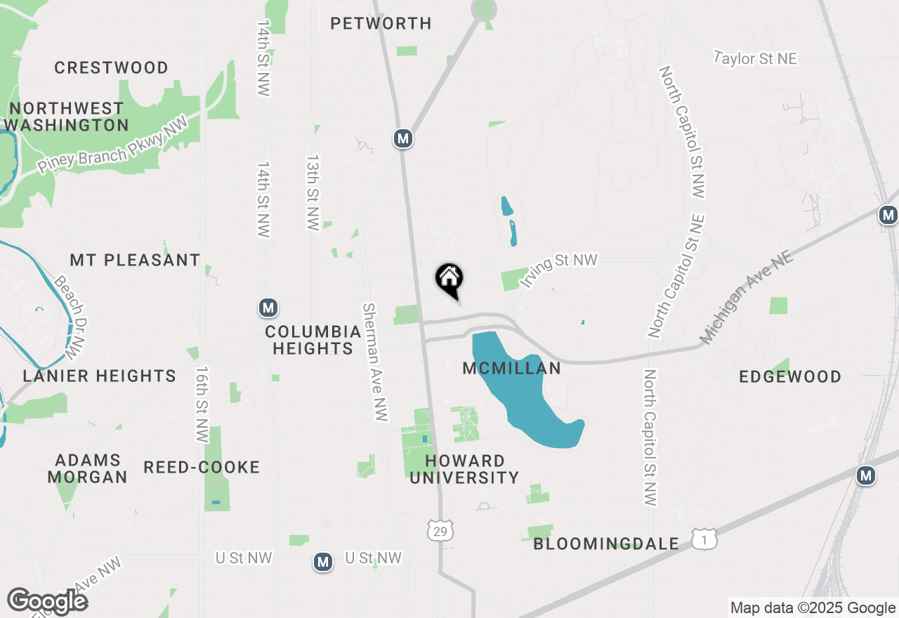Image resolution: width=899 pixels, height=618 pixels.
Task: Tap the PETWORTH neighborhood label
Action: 381,23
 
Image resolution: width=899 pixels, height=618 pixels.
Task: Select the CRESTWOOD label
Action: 111,67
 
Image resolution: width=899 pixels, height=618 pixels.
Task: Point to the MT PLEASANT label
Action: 135,260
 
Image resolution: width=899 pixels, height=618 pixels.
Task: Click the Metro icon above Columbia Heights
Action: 268,307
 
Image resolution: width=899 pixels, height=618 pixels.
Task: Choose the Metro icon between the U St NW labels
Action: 323,562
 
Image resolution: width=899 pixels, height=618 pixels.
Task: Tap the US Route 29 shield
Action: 440,531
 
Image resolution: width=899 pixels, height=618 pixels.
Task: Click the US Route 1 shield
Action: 704,539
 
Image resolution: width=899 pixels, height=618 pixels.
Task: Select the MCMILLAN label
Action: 511,368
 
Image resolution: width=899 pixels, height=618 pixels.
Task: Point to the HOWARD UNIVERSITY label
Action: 464,469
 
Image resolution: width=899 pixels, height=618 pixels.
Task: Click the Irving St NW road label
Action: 558,270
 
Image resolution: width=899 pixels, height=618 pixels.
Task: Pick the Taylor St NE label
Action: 756,58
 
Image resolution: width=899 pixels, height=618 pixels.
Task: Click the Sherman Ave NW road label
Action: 375,362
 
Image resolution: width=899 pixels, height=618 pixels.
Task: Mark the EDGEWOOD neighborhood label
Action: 790,376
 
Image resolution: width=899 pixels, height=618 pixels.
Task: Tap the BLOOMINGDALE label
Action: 606,544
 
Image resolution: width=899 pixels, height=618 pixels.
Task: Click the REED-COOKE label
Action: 202,467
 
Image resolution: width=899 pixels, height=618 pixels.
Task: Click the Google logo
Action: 47,601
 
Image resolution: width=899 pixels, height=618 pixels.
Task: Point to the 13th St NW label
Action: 313,192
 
